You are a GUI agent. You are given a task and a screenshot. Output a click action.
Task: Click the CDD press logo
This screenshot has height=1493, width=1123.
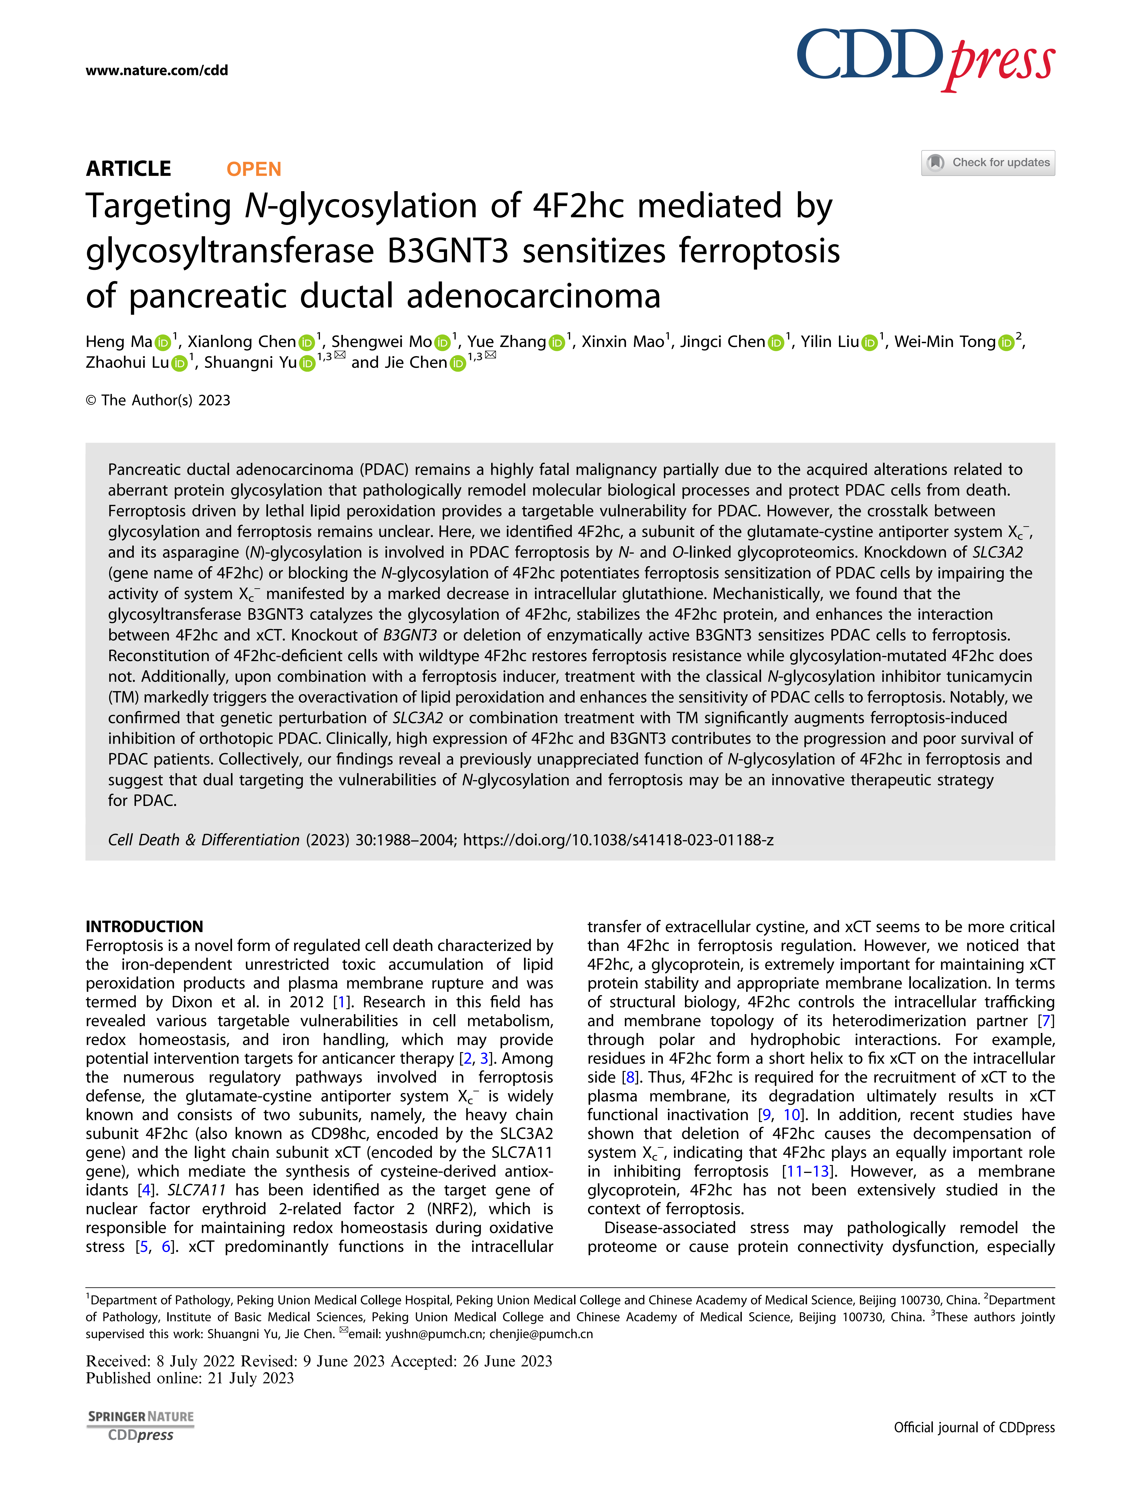pyautogui.click(x=925, y=59)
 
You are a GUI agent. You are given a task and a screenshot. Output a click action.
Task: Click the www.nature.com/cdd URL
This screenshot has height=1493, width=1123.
pyautogui.click(x=156, y=70)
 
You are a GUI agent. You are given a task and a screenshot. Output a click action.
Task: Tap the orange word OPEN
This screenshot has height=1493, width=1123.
pyautogui.click(x=254, y=169)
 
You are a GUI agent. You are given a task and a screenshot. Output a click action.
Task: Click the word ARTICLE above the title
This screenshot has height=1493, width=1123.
pyautogui.click(x=128, y=169)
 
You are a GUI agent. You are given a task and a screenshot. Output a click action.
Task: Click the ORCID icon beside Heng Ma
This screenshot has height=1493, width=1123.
pyautogui.click(x=163, y=343)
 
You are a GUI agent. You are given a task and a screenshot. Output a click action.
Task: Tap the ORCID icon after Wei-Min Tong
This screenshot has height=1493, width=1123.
pyautogui.click(x=1006, y=343)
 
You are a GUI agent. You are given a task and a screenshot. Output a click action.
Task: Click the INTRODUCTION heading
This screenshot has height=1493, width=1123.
pyautogui.click(x=144, y=926)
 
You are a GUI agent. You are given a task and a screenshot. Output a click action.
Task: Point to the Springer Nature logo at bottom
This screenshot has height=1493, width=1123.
pyautogui.click(x=140, y=1417)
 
